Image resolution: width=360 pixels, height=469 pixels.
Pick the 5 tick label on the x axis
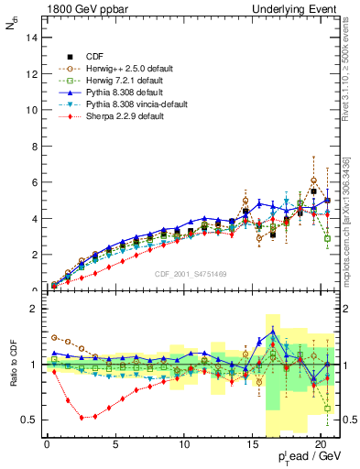coord(115,446)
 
